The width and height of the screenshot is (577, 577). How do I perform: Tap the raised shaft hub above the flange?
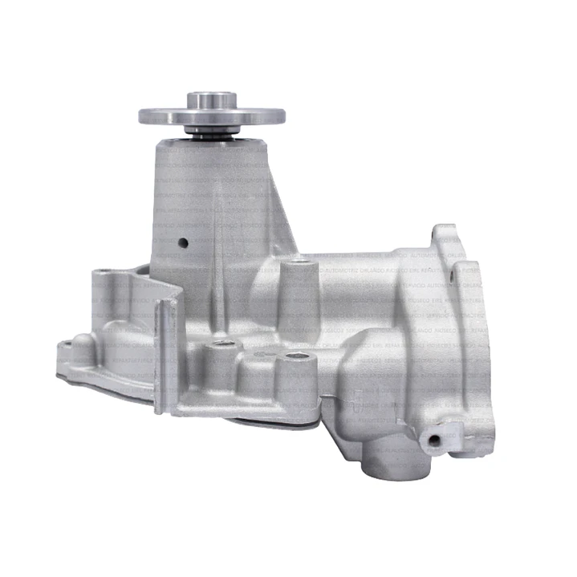[x=212, y=100]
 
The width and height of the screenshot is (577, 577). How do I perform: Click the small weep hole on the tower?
[x=184, y=242]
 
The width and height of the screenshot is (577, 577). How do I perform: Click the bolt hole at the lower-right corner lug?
[x=434, y=440]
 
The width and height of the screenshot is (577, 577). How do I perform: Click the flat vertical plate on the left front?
[x=167, y=353]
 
